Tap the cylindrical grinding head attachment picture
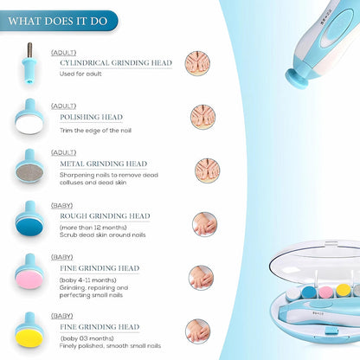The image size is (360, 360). [29, 63]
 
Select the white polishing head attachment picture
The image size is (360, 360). [30, 116]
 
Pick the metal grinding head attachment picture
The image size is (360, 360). [30, 168]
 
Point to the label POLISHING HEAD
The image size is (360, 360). [91, 116]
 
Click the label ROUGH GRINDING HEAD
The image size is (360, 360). [104, 215]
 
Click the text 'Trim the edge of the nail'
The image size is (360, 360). [95, 129]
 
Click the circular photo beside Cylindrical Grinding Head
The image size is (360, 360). [196, 63]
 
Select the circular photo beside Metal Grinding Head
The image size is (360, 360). [207, 169]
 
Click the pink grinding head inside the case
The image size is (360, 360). [325, 291]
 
